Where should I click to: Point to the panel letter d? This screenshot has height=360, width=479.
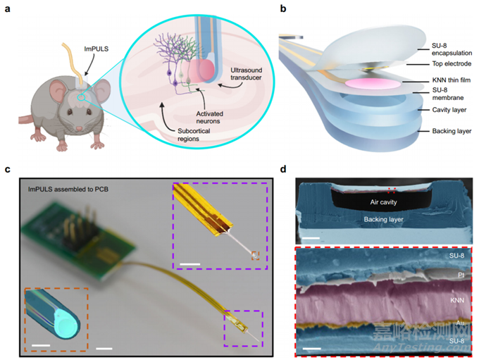pyautogui.click(x=282, y=169)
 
